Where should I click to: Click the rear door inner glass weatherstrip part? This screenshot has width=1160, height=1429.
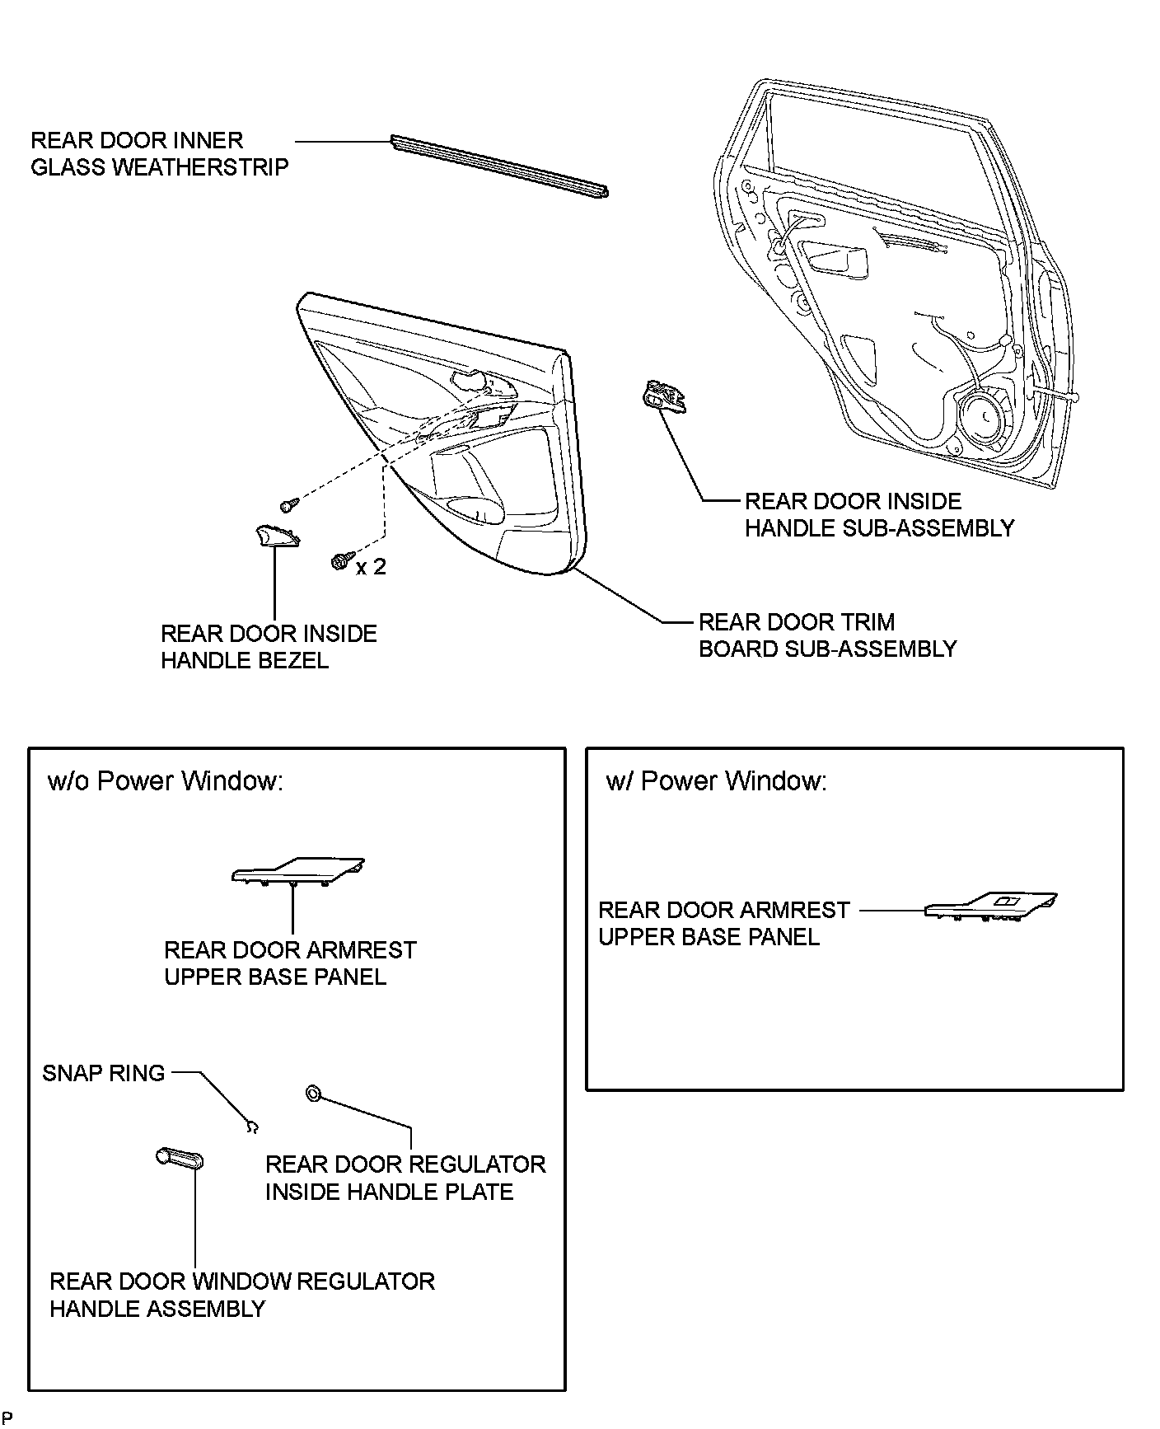coord(500,167)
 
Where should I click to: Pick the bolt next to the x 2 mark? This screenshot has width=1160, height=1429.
coord(339,560)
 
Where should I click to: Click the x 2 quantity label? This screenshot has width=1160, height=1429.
coord(371,567)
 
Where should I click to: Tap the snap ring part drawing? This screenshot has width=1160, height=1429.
coord(253,1127)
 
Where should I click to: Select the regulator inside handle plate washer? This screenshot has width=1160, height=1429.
coord(313,1094)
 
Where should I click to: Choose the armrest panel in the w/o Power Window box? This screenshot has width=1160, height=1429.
coord(297,872)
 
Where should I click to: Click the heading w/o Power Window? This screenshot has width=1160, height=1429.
coord(166,780)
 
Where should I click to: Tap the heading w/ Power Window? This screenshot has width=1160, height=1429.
coord(716,780)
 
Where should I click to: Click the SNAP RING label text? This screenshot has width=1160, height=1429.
coord(104,1073)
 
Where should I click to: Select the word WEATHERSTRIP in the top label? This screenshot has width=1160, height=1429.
coord(199,167)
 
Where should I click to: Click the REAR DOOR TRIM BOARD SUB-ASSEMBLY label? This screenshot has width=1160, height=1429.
coord(827,635)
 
